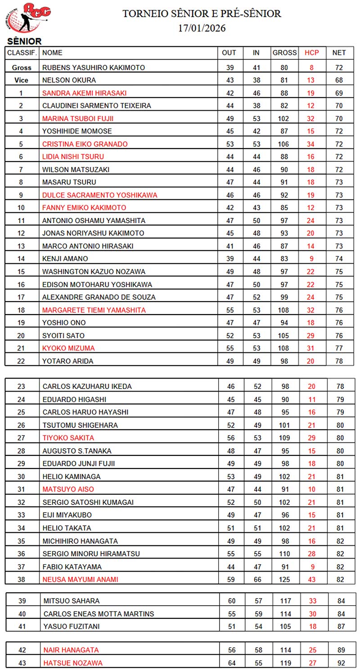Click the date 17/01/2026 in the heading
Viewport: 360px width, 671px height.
(202, 28)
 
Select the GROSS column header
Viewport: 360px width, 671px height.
(284, 53)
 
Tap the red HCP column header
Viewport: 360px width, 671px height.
(311, 53)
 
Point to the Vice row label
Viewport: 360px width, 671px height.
(22, 80)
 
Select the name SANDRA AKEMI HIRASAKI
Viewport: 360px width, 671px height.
(84, 93)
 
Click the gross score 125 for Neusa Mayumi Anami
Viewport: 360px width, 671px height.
(284, 579)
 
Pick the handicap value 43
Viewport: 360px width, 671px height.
(311, 579)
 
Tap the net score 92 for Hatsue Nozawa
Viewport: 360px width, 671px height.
(339, 662)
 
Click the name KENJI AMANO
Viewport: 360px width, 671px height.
(65, 259)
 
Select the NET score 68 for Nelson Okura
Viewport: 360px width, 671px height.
(339, 80)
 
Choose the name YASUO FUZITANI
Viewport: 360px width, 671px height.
(72, 626)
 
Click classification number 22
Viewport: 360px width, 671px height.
(22, 361)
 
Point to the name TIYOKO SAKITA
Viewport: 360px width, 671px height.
(68, 437)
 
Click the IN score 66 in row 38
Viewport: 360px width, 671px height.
(257, 579)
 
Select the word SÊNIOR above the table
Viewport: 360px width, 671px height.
(24, 41)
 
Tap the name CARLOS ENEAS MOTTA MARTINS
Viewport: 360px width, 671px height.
(99, 613)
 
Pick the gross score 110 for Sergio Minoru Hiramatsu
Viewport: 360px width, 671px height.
(284, 554)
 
